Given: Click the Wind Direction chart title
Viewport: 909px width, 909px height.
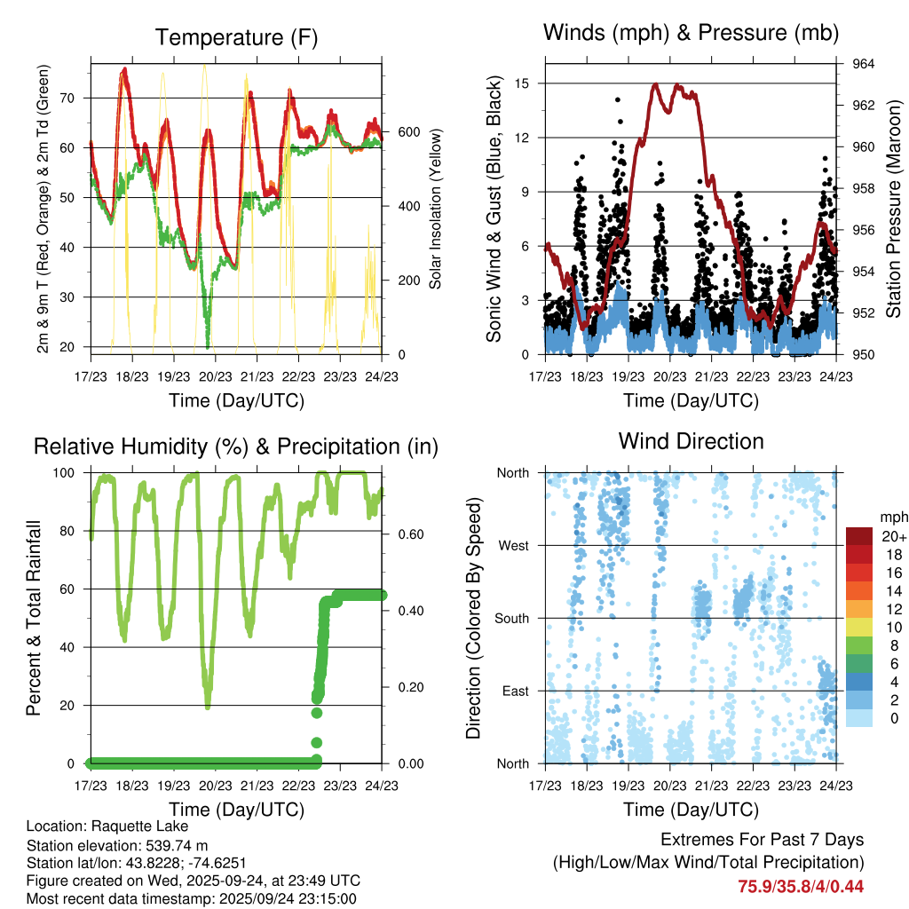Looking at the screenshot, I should [691, 441].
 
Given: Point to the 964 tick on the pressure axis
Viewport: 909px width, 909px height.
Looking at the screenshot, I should [864, 64].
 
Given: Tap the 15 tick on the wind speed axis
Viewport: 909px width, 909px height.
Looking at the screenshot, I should [524, 83].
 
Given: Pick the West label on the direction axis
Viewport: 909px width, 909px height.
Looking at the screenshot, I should [513, 545].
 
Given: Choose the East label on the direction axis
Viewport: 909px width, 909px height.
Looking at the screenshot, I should [515, 691].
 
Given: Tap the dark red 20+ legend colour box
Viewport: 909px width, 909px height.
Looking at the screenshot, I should [859, 535].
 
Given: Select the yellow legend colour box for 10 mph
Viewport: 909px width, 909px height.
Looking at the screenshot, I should [859, 627].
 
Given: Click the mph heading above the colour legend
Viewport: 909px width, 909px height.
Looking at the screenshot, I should [893, 517].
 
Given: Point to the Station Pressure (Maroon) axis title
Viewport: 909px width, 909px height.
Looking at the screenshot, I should [894, 209].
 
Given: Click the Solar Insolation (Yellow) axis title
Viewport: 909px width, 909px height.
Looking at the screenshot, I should [436, 209].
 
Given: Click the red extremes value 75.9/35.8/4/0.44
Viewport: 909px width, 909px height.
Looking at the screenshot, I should [801, 886].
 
